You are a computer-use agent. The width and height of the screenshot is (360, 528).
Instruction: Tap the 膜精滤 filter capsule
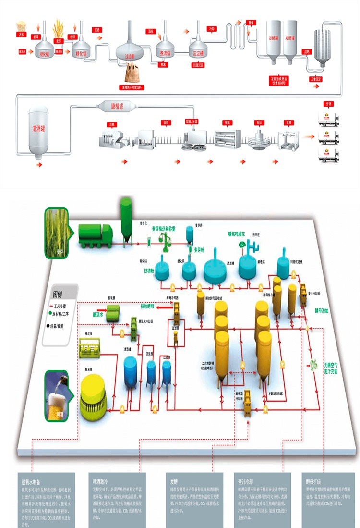click(118, 106)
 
